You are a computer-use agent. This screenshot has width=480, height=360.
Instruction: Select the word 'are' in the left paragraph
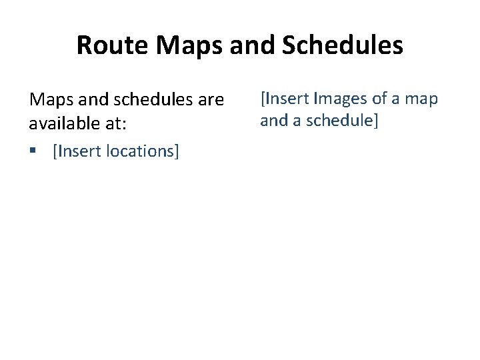tap(211, 101)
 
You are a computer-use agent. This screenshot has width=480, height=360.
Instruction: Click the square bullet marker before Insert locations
tap(32, 151)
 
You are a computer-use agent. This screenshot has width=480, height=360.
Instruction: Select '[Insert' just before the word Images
tap(284, 99)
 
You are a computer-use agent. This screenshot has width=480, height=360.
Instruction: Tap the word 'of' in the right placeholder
tap(380, 99)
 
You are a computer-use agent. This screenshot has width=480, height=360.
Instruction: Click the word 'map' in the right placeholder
tap(422, 100)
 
